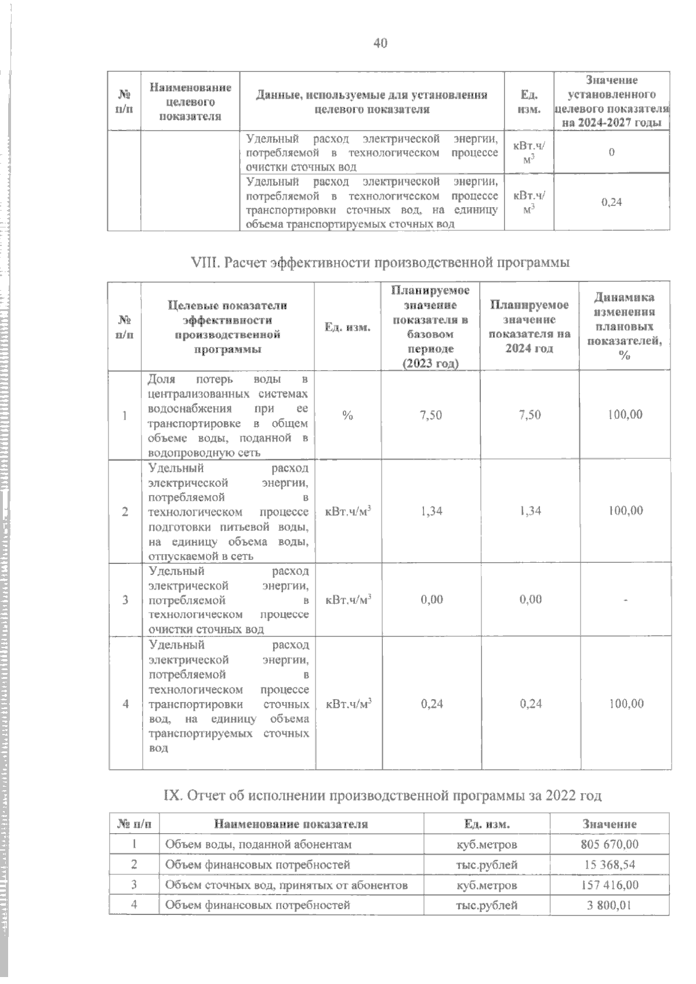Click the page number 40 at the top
pos(380,43)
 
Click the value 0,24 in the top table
pos(611,202)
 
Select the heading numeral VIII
pos(205,263)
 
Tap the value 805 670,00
pos(609,844)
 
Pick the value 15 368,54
pos(609,864)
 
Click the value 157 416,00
pos(609,885)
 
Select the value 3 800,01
pos(609,905)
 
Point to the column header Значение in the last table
pos(609,824)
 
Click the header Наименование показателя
pos(291,824)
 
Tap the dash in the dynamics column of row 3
pos(625,600)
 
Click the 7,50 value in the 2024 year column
pos(530,415)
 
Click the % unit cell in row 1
pos(347,415)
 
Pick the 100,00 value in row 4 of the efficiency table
pos(625,704)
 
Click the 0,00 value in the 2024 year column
pos(530,599)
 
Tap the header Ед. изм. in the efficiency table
pos(347,327)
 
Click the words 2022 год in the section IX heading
pos(573,795)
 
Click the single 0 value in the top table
pos(611,152)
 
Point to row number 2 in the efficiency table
pos(125,511)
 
